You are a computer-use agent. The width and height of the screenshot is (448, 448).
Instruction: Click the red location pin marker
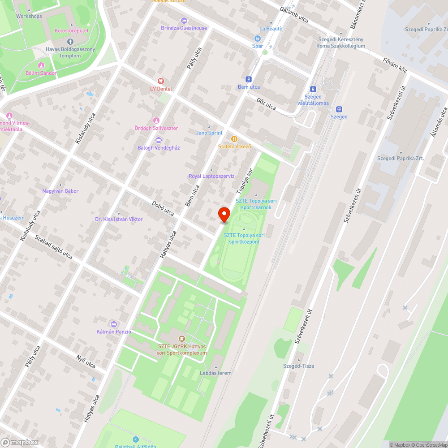coord(224,215)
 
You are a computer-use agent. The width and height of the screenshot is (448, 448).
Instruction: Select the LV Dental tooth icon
coord(161,81)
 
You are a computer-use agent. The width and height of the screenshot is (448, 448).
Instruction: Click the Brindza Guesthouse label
coord(184,28)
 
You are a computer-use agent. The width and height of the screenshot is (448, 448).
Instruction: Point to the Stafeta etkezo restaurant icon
coord(233,139)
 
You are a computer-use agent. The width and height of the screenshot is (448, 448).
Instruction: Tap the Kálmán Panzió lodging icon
coord(113,324)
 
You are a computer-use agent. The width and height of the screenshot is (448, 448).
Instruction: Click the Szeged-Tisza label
coord(299,366)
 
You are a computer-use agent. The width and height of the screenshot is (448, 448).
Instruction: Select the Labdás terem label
coord(216,373)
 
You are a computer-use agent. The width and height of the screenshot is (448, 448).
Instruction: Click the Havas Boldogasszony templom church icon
coord(70,41)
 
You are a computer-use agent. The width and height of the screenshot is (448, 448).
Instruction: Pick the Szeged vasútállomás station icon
coord(313,89)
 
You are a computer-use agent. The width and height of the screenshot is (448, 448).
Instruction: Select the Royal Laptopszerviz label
coord(211,176)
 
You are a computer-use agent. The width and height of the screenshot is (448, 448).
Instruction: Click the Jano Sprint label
coord(209,133)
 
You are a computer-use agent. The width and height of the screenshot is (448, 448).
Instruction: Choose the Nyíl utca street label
coord(87,361)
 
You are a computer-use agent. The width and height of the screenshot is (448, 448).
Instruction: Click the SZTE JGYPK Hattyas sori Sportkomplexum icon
coord(181,338)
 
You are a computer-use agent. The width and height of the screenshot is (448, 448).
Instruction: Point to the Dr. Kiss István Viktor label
coord(119,219)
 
